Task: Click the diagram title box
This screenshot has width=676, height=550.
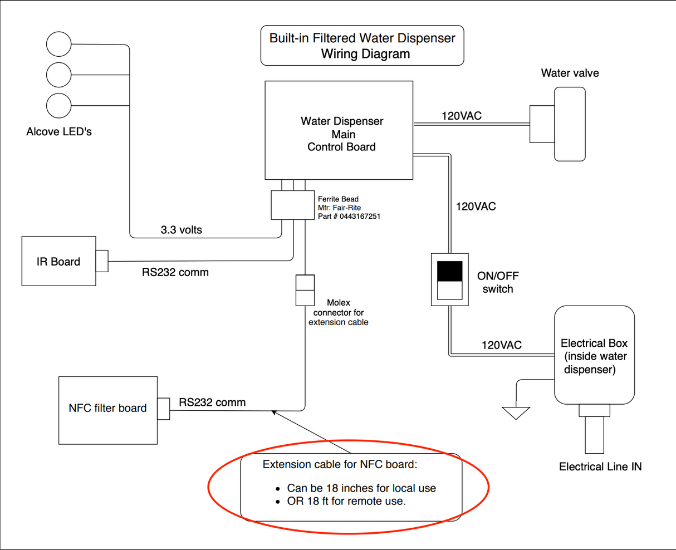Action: pos(362,46)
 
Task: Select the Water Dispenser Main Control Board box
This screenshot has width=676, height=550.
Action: pos(339,130)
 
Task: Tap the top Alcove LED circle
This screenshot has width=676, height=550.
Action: pos(59,44)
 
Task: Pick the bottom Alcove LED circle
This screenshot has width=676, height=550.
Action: pos(59,106)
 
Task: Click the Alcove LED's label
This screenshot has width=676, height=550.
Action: pos(59,132)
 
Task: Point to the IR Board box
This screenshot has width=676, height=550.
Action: pos(58,261)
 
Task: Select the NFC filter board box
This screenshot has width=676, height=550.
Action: pos(108,410)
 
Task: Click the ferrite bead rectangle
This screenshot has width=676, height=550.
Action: pos(293,205)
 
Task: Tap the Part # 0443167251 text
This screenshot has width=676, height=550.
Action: pos(349,216)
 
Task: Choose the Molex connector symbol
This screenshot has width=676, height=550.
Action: pos(305,290)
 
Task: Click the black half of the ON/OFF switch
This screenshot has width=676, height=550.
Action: pos(449,271)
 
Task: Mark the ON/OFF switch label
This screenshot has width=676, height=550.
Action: pos(498,282)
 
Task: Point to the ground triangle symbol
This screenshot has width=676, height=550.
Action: pos(516,412)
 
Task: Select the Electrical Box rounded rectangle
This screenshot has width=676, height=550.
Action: pos(594,355)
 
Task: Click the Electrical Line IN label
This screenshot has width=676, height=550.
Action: pos(600,467)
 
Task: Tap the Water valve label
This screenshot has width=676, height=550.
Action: pos(570,73)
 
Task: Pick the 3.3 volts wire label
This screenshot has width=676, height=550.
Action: pos(182,229)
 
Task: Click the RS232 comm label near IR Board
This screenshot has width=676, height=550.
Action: pos(175,272)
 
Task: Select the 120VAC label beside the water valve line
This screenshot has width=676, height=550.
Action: pos(462,116)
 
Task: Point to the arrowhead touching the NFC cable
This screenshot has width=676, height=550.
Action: pos(273,412)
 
